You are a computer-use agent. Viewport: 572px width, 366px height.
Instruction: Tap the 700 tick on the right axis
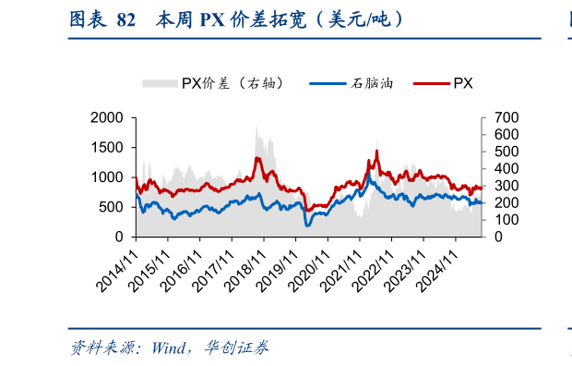pos(506,117)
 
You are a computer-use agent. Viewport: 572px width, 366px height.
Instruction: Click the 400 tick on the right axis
pos(506,168)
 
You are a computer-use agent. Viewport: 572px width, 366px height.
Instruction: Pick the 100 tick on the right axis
pos(506,220)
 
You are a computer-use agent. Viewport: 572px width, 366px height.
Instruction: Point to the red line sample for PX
pos(431,83)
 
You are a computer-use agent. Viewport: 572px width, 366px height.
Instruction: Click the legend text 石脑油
pos(373,83)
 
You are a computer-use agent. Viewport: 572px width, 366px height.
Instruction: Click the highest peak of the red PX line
pos(376,151)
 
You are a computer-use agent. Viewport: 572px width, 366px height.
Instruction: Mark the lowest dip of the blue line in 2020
pos(308,225)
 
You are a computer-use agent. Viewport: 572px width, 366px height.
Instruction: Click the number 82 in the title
pos(127,19)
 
